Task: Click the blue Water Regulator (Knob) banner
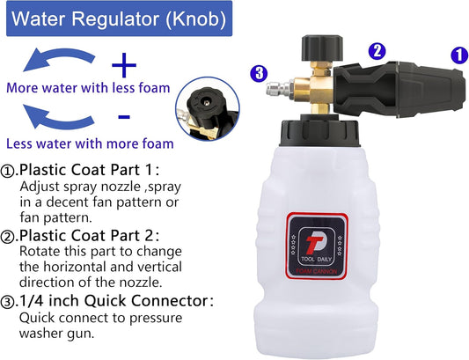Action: [119, 18]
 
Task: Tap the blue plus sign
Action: [124, 65]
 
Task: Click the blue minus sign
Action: [124, 117]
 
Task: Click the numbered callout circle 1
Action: [459, 55]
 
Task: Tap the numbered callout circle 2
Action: [377, 51]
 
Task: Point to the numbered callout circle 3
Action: [259, 73]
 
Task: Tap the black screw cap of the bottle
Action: [319, 131]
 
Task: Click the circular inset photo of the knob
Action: [208, 108]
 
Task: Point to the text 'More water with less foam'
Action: [88, 88]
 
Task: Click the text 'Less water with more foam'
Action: [90, 143]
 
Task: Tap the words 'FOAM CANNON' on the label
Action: [316, 271]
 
